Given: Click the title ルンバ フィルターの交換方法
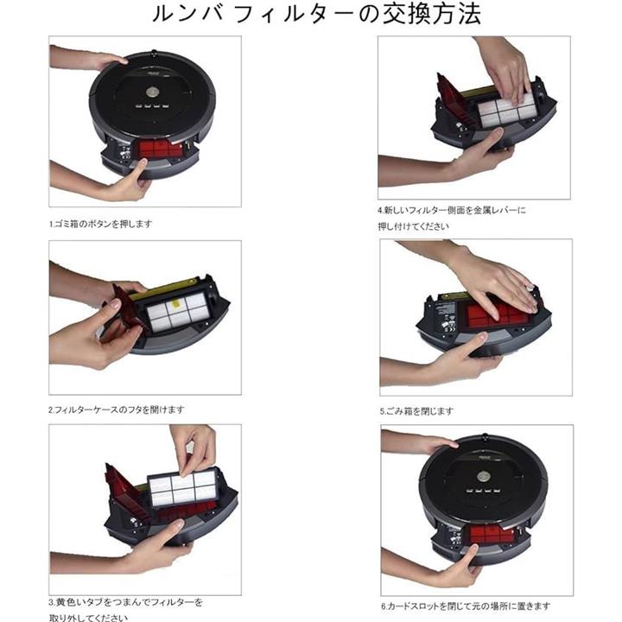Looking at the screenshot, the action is pyautogui.click(x=316, y=15).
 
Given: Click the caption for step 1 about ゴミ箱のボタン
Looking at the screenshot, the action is pyautogui.click(x=101, y=224).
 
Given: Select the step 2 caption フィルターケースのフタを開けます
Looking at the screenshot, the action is pyautogui.click(x=117, y=409).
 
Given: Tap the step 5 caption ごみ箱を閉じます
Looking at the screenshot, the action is pyautogui.click(x=416, y=411).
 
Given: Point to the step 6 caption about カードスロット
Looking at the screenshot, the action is pyautogui.click(x=466, y=606).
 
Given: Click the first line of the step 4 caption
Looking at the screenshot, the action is pyautogui.click(x=452, y=210).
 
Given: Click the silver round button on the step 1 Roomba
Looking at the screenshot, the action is pyautogui.click(x=152, y=92).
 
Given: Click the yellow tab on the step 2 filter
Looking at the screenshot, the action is pyautogui.click(x=174, y=306).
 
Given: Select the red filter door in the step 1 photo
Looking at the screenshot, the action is pyautogui.click(x=161, y=149).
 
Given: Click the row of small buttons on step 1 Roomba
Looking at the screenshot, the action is pyautogui.click(x=151, y=106).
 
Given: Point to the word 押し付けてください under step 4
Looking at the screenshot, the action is pyautogui.click(x=413, y=226).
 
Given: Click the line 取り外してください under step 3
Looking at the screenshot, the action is pyautogui.click(x=88, y=618).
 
